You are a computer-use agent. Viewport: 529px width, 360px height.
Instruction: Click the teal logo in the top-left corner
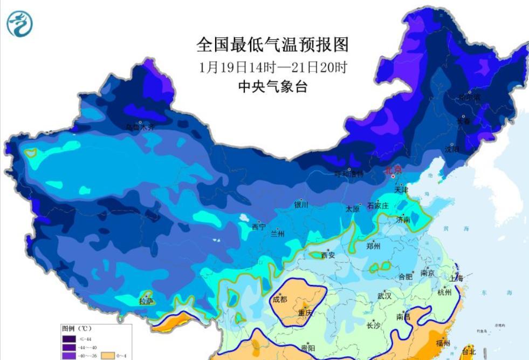tap(19, 24)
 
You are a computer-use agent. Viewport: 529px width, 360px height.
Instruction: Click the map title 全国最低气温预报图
tap(272, 44)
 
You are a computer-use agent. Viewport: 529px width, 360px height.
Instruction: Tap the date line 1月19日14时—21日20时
tap(272, 68)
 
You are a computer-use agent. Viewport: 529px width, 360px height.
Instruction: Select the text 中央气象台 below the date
tap(272, 86)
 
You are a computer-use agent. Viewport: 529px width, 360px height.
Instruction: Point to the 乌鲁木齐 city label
tap(140, 127)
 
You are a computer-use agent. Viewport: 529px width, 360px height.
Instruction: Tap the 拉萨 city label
tap(146, 301)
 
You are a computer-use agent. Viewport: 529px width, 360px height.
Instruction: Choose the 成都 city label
tap(280, 299)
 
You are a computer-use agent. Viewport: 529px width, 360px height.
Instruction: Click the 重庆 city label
tap(305, 313)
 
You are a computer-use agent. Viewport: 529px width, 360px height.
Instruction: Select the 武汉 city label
tap(384, 296)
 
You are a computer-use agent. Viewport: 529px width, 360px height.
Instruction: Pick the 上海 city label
tap(456, 279)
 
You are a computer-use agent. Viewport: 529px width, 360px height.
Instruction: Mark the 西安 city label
tap(328, 255)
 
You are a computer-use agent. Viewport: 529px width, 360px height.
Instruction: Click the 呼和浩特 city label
tap(349, 174)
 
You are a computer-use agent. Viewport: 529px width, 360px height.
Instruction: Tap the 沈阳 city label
tap(452, 150)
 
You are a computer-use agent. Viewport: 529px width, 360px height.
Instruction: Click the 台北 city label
tap(469, 351)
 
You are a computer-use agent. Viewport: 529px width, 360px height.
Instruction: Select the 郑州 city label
tap(373, 246)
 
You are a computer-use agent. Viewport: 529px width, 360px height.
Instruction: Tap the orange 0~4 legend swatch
tap(109, 356)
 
